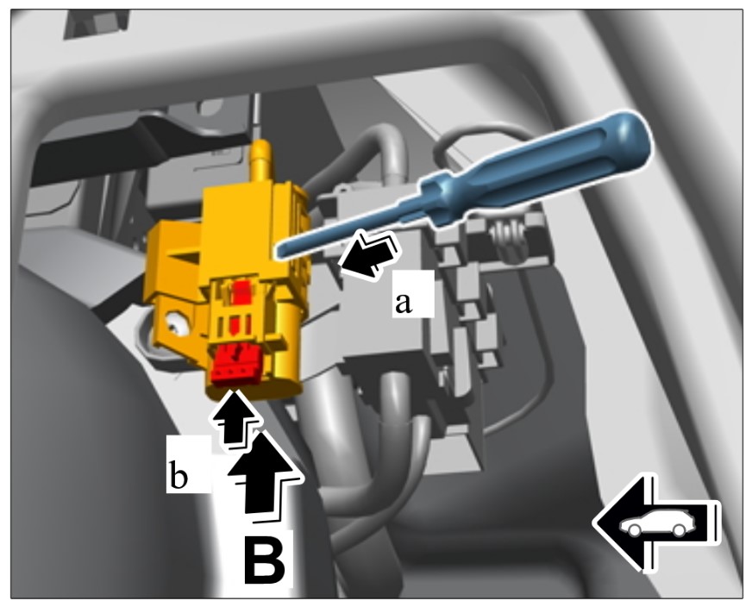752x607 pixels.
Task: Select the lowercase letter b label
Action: click(178, 477)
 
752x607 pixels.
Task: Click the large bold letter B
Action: click(265, 560)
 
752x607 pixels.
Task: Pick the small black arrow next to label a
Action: click(369, 254)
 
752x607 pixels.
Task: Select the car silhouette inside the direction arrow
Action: click(653, 523)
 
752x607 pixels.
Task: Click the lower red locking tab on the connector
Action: click(235, 366)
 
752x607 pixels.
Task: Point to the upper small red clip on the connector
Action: click(241, 292)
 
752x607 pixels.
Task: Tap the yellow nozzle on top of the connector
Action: click(261, 160)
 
